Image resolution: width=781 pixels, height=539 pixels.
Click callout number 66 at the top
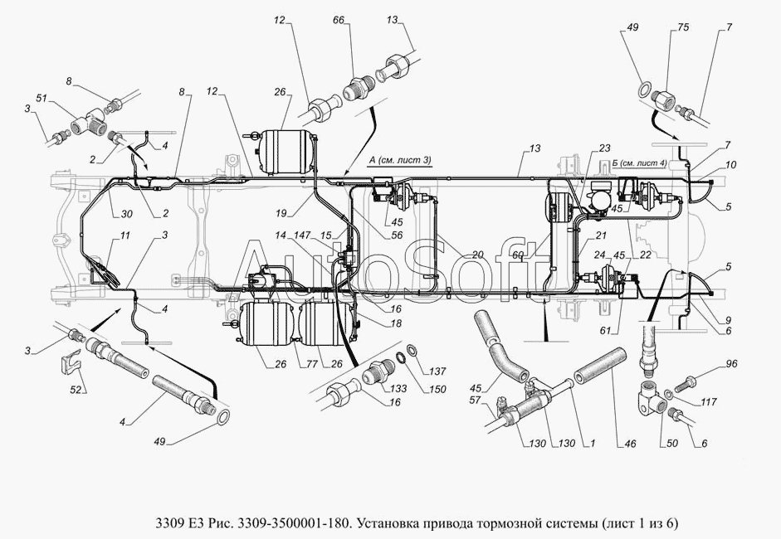click(x=339, y=21)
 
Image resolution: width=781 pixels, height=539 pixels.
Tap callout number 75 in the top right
click(x=683, y=27)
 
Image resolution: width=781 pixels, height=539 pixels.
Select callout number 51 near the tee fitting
click(x=41, y=99)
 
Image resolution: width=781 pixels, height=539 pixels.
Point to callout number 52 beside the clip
click(x=76, y=391)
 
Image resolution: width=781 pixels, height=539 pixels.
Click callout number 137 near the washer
click(x=438, y=371)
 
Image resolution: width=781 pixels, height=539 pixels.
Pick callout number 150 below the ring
click(x=438, y=389)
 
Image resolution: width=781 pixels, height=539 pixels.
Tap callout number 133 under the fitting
click(x=398, y=388)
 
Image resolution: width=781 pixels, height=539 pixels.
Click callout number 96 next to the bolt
click(x=730, y=364)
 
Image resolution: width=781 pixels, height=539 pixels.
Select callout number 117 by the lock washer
click(x=708, y=401)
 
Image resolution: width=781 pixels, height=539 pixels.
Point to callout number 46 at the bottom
click(x=630, y=444)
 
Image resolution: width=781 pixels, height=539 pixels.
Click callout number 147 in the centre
click(x=302, y=235)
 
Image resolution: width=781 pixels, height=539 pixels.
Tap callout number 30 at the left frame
click(x=126, y=214)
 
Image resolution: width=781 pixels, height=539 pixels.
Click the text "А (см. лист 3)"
click(x=400, y=160)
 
